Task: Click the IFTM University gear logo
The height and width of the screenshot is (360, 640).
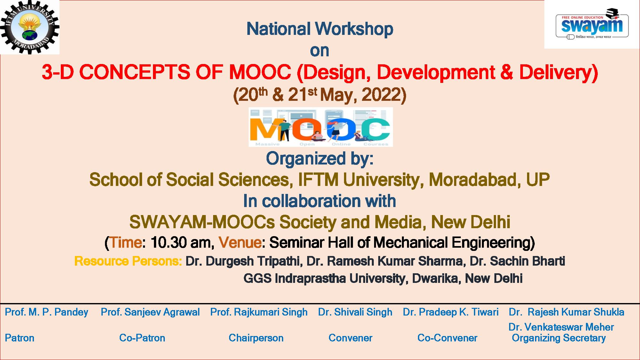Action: pyautogui.click(x=30, y=27)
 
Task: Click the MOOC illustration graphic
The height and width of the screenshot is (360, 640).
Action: pyautogui.click(x=321, y=127)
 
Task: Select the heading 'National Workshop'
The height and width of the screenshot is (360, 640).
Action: pyautogui.click(x=320, y=29)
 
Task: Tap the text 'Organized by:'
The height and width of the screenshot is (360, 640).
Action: pyautogui.click(x=320, y=159)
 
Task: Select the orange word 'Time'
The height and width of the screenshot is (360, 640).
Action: pyautogui.click(x=125, y=243)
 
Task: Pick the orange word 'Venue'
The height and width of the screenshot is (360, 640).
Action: pyautogui.click(x=240, y=243)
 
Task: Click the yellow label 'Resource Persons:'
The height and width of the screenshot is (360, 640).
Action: pyautogui.click(x=128, y=261)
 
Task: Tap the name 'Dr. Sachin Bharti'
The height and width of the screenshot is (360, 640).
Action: pyautogui.click(x=517, y=261)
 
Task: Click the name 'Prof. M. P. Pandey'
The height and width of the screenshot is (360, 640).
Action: pyautogui.click(x=47, y=312)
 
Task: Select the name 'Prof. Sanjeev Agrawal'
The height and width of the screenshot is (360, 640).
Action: pyautogui.click(x=150, y=312)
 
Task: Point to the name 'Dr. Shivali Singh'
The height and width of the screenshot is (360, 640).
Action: pyautogui.click(x=355, y=312)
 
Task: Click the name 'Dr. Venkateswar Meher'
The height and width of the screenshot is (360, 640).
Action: pyautogui.click(x=561, y=327)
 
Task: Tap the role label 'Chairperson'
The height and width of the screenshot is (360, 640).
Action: pyautogui.click(x=256, y=338)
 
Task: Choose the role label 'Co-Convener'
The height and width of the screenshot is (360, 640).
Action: pyautogui.click(x=447, y=338)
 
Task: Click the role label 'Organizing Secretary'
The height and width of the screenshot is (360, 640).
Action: pyautogui.click(x=559, y=338)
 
